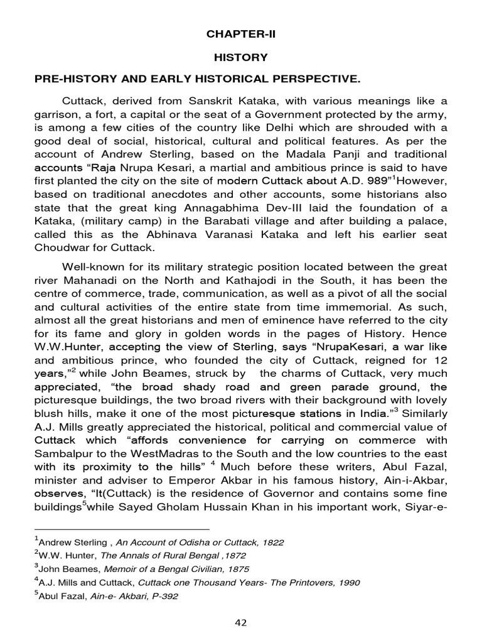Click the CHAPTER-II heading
pos(241,35)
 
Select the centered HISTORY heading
pos(241,57)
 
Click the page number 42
pos(241,622)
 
